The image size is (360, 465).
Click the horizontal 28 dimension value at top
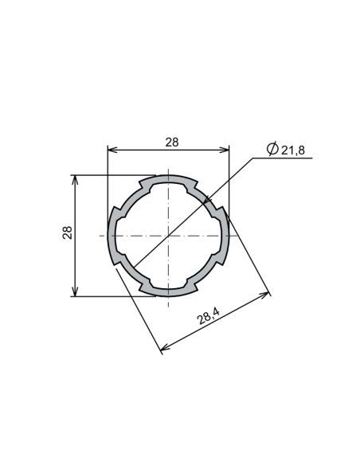click(x=172, y=143)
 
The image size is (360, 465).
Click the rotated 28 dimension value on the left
click(x=68, y=232)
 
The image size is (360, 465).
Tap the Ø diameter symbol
click(x=272, y=149)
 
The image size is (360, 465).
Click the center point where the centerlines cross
click(x=169, y=235)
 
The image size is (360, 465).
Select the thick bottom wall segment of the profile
click(x=169, y=291)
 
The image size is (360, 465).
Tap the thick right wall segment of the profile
click(x=225, y=235)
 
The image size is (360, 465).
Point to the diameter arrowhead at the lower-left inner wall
click(x=134, y=265)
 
